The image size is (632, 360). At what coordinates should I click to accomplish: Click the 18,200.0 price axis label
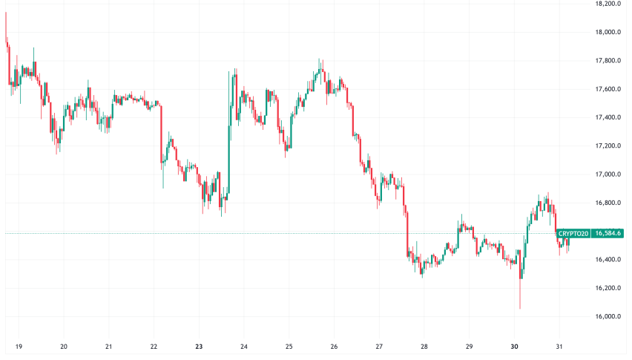coord(608,4)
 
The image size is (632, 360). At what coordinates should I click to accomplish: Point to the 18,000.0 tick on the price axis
coord(608,33)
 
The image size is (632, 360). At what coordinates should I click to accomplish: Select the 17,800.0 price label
coord(608,61)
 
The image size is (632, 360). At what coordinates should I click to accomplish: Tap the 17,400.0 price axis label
coord(608,118)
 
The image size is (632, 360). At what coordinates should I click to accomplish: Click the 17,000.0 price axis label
coord(608,174)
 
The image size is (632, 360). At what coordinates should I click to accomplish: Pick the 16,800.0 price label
coord(608,203)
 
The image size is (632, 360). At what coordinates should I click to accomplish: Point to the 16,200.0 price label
coord(608,288)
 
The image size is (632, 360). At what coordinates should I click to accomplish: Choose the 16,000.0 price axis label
coord(608,317)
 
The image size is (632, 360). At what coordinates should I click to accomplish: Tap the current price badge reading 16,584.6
coord(608,233)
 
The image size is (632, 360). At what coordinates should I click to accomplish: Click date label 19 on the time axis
coord(19,346)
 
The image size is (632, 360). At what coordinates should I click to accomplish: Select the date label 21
coord(109,346)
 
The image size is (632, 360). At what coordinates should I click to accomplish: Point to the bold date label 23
coord(199,346)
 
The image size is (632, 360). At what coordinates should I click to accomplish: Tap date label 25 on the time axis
coord(289,346)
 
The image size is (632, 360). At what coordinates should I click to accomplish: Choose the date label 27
coord(379,346)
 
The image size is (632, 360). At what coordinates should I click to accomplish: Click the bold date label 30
coord(514,346)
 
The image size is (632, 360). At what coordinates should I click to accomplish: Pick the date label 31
coord(559,346)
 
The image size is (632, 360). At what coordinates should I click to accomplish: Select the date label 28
coord(424,346)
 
